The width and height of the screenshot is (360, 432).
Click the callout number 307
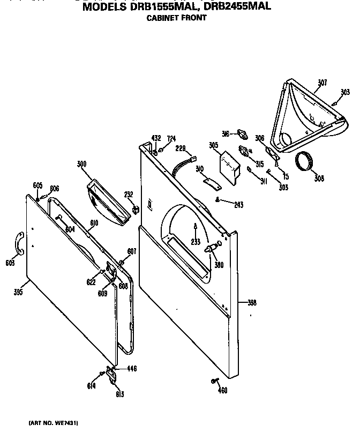pyautogui.click(x=322, y=83)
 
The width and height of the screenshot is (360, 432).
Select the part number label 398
pyautogui.click(x=252, y=303)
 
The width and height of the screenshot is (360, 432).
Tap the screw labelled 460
pyautogui.click(x=214, y=381)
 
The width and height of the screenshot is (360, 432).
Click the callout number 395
pyautogui.click(x=18, y=292)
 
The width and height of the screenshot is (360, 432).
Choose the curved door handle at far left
pyautogui.click(x=19, y=242)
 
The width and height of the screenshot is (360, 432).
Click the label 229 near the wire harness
pyautogui.click(x=180, y=147)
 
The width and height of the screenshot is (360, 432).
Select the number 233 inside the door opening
pyautogui.click(x=196, y=242)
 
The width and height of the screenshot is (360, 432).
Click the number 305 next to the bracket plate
pyautogui.click(x=214, y=145)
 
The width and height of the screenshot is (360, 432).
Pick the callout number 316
pyautogui.click(x=226, y=133)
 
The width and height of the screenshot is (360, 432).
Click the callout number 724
pyautogui.click(x=171, y=139)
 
